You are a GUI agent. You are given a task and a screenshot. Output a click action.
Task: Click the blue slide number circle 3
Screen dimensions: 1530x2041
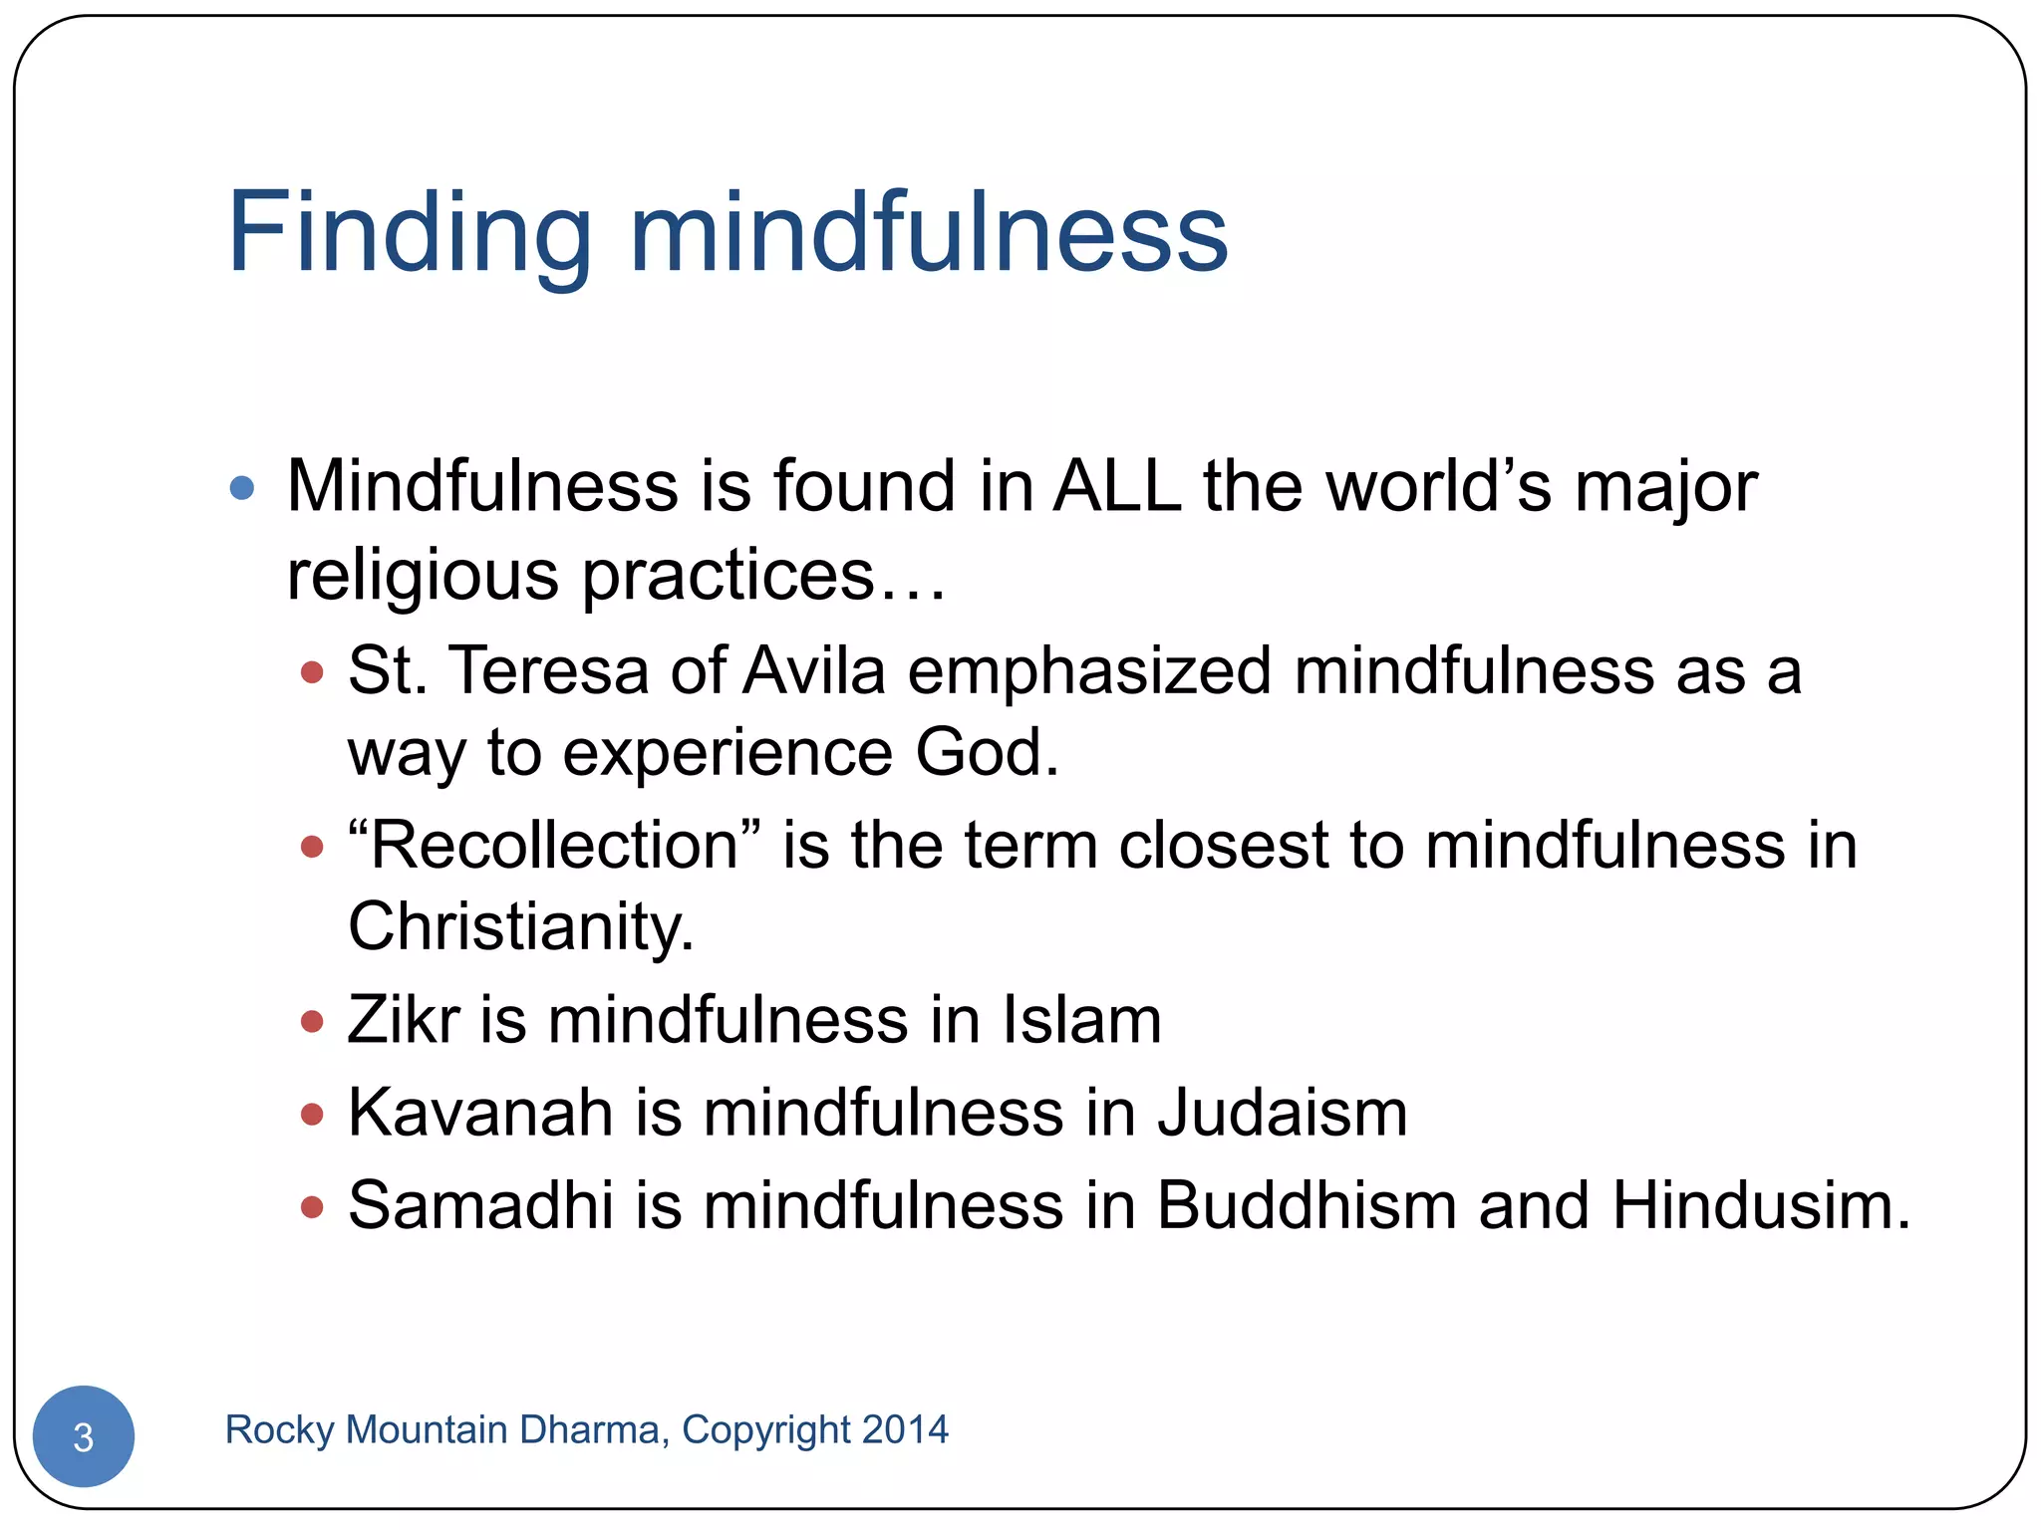tap(84, 1435)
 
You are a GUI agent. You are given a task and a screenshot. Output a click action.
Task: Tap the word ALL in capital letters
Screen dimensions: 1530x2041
tap(1117, 487)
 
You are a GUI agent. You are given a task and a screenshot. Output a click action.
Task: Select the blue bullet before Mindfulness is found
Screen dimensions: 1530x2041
tap(242, 488)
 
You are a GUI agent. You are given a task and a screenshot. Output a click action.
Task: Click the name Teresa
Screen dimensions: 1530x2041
tap(549, 670)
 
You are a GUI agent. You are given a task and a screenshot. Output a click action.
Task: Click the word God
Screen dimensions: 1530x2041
tap(987, 752)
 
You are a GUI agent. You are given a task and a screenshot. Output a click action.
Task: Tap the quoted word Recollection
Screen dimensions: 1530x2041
tap(554, 846)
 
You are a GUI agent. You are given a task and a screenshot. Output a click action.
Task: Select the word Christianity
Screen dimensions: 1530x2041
tap(520, 926)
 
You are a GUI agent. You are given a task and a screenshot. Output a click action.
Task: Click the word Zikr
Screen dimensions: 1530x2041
tap(404, 1020)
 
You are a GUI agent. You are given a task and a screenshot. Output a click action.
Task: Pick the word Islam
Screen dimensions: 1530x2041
tap(1081, 1020)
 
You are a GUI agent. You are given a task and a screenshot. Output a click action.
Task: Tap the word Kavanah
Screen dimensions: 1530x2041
tap(480, 1113)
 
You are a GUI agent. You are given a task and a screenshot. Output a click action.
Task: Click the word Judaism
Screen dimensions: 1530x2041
tap(1283, 1113)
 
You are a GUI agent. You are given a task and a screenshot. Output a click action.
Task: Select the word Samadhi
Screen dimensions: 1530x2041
tap(480, 1205)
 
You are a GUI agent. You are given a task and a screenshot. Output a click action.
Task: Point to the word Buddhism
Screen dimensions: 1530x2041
tap(1306, 1205)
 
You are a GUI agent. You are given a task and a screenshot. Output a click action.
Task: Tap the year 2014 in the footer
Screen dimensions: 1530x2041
tap(905, 1429)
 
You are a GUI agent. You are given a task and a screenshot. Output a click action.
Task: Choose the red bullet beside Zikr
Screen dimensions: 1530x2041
tap(312, 1021)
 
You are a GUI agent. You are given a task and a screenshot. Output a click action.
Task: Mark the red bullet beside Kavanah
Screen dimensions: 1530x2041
tap(312, 1114)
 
